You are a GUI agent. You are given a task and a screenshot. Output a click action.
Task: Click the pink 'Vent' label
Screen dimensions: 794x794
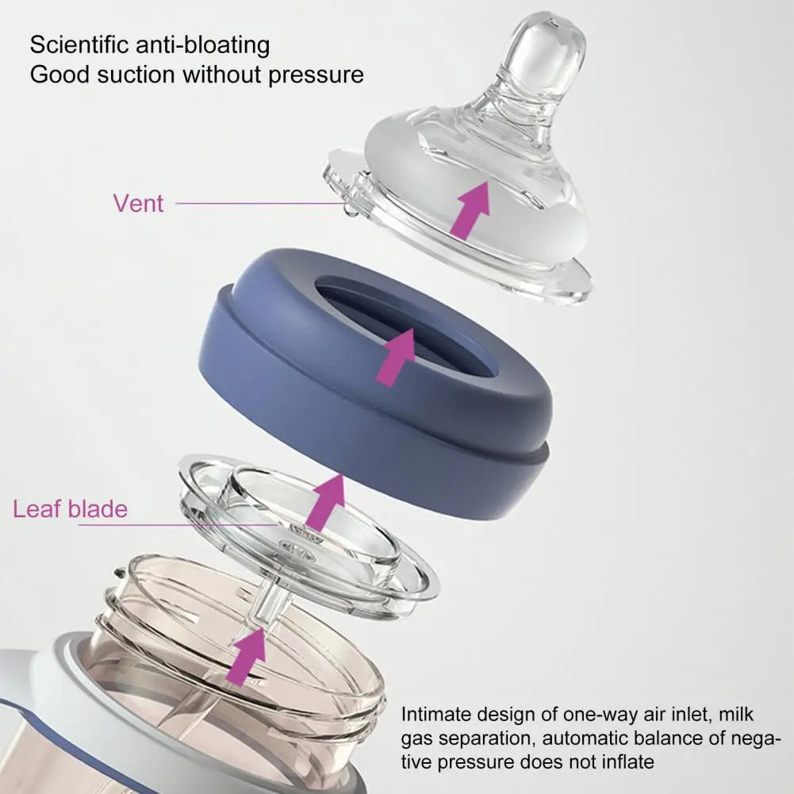point(138,204)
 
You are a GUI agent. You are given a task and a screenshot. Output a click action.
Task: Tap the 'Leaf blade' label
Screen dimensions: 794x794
point(71,509)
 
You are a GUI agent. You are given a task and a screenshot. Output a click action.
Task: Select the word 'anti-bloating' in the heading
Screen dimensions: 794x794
point(202,44)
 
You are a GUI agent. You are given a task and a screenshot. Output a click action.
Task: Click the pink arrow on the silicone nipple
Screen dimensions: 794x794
point(470,209)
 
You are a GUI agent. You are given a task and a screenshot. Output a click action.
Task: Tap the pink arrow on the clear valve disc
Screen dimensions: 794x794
point(324,504)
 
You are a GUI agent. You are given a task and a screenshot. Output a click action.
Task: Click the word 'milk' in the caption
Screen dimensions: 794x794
point(736,714)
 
